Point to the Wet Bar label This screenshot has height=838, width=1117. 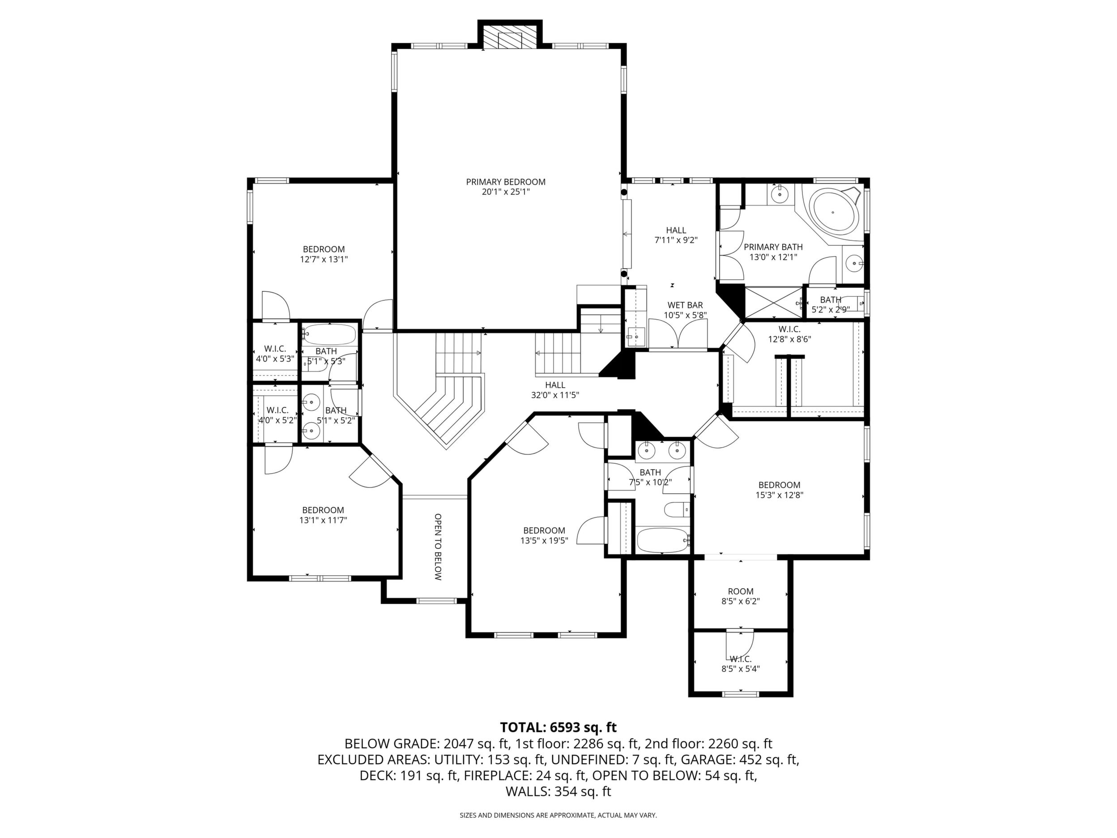pyautogui.click(x=685, y=310)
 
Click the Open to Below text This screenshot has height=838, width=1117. pyautogui.click(x=438, y=547)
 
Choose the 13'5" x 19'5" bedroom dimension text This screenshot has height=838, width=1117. pyautogui.click(x=544, y=540)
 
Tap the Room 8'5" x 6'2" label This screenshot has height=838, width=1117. pyautogui.click(x=741, y=596)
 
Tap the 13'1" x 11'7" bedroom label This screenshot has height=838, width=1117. pyautogui.click(x=323, y=515)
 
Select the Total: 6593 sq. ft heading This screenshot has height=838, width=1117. pyautogui.click(x=558, y=727)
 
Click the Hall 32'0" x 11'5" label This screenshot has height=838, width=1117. pyautogui.click(x=555, y=390)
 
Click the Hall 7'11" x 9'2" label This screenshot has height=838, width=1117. pyautogui.click(x=676, y=235)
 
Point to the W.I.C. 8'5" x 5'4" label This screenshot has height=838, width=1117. pyautogui.click(x=741, y=664)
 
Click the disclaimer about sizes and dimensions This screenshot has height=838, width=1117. pyautogui.click(x=558, y=815)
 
